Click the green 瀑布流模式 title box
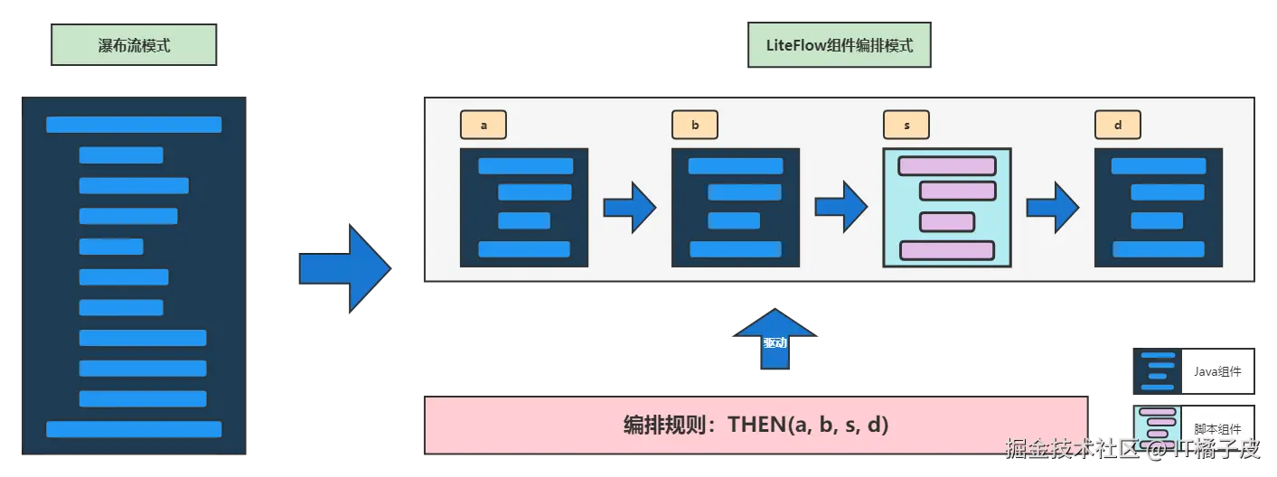[134, 45]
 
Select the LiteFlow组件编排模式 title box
[838, 45]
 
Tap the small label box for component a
[484, 126]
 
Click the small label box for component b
[694, 126]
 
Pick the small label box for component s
[906, 126]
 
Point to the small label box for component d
[1117, 126]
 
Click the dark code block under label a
[524, 208]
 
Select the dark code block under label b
[735, 208]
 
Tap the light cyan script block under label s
[946, 208]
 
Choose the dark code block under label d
[1158, 208]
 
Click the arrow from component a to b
[630, 208]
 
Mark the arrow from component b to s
[841, 208]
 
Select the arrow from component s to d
[1053, 208]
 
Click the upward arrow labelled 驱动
[775, 341]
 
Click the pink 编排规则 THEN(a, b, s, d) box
[756, 424]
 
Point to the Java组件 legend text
[1217, 371]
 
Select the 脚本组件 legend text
[1217, 430]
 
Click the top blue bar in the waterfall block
[134, 125]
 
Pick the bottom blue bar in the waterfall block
[134, 429]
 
